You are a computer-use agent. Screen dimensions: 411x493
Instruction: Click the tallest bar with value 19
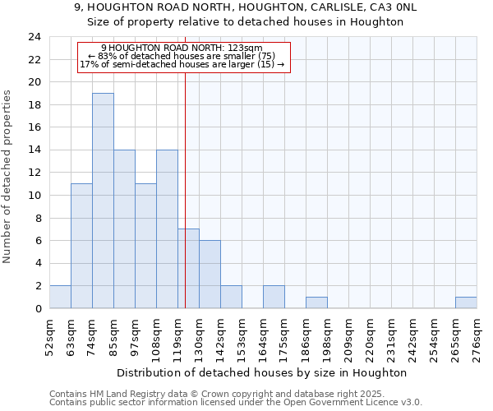click(x=103, y=201)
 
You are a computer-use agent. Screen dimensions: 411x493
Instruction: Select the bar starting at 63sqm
click(x=81, y=246)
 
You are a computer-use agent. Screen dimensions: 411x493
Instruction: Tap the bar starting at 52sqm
click(x=60, y=297)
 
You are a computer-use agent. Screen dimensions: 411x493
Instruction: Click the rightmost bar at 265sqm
click(x=466, y=302)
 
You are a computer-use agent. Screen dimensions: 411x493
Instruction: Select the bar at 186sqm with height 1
click(x=316, y=302)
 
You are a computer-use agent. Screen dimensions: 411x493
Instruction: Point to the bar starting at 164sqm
click(x=274, y=297)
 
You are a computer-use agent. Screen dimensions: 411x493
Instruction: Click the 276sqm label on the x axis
click(x=477, y=337)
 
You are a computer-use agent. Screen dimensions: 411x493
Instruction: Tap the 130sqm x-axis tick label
click(x=199, y=337)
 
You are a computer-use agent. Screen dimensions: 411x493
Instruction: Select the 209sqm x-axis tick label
click(x=348, y=337)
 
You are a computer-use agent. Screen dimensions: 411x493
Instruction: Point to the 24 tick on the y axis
click(x=34, y=37)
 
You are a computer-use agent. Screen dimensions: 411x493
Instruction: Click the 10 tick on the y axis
click(x=34, y=196)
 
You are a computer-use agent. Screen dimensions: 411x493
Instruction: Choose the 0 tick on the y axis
click(x=37, y=309)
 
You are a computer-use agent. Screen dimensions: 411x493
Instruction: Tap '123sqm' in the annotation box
click(x=244, y=48)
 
